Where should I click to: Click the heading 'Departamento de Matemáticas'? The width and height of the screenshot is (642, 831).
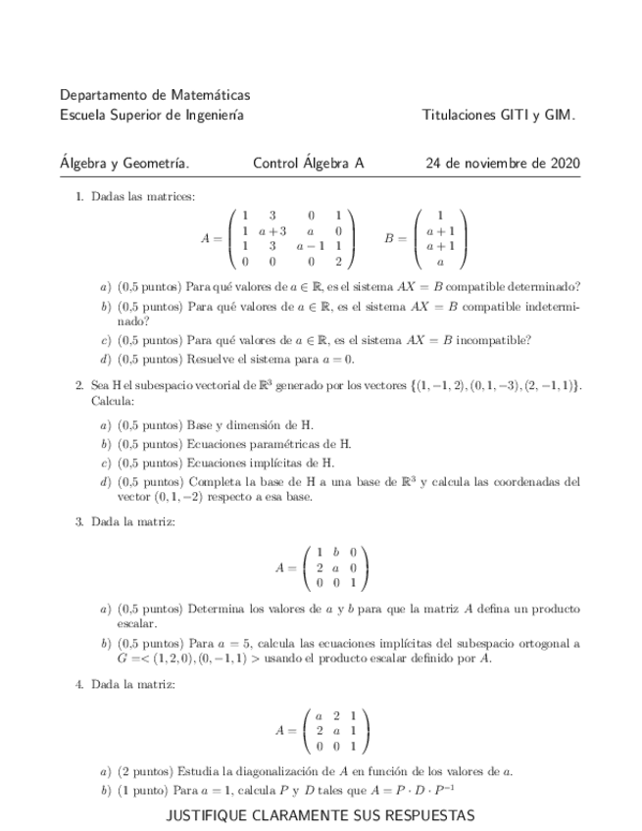[x=155, y=96]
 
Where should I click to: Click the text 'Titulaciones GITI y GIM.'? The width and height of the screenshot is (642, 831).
[x=498, y=116]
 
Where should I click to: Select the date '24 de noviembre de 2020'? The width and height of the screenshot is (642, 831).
[x=502, y=164]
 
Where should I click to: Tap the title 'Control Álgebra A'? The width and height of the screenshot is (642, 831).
[x=308, y=164]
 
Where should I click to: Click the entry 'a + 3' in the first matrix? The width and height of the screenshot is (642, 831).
[x=272, y=231]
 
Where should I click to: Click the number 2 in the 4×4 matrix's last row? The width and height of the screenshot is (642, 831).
[x=338, y=263]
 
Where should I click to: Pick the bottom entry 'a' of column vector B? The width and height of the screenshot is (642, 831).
[x=440, y=263]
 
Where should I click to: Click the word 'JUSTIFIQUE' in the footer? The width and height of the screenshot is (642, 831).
[x=205, y=815]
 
